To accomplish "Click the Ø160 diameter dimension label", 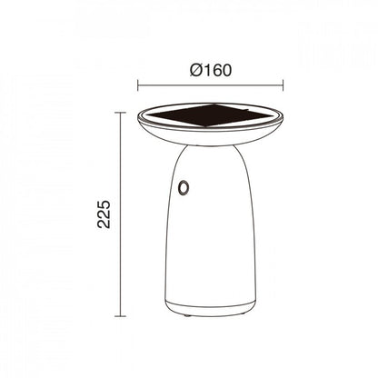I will pos(210,68).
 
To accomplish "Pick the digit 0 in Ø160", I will pos(227,68).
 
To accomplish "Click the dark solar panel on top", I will pos(210,119).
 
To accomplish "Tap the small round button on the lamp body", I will pos(184,187).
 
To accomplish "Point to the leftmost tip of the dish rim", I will pos(138,120).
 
